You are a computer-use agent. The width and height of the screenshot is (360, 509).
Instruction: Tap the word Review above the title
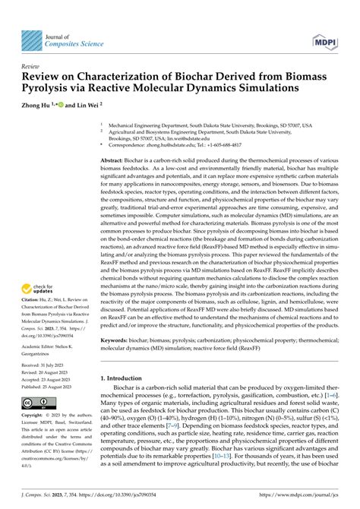pyautogui.click(x=31, y=67)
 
